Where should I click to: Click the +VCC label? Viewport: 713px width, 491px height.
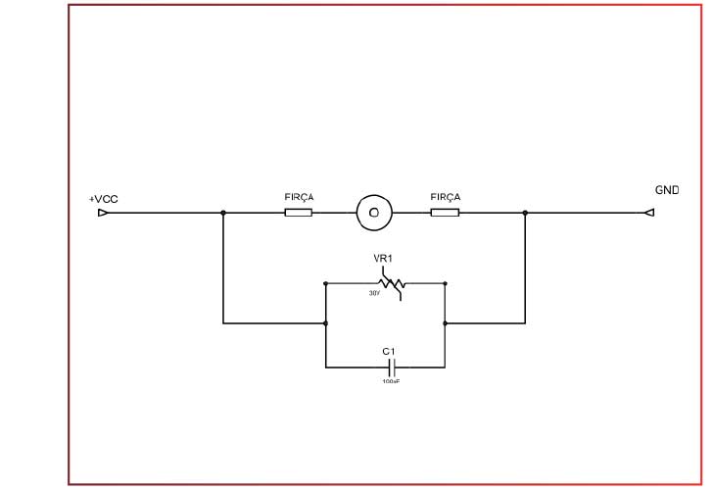coord(103,199)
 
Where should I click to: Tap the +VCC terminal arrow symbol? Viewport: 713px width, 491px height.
coord(103,212)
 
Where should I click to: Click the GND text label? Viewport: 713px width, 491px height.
coord(667,189)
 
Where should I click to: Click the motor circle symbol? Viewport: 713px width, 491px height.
coord(372,212)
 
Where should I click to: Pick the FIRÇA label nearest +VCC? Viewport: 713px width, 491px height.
coord(299,197)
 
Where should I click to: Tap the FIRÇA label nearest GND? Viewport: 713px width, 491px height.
coord(445,197)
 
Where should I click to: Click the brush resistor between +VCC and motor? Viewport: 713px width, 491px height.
coord(299,212)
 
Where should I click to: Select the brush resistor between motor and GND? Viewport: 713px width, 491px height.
coord(445,212)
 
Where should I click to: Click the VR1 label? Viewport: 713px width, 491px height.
coord(384,260)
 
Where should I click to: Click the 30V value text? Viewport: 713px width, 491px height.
coord(374,293)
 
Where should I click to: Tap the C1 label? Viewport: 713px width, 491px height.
coord(388,351)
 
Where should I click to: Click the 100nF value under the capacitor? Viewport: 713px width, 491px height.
coord(391,380)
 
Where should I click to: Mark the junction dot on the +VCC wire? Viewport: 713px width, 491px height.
coord(223,212)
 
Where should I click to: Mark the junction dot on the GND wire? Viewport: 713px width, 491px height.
coord(525,212)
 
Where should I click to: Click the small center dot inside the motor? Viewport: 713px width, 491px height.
coord(372,212)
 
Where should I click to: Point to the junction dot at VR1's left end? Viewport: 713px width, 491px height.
coord(326,283)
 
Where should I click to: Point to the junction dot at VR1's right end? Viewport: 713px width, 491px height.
coord(446,283)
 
